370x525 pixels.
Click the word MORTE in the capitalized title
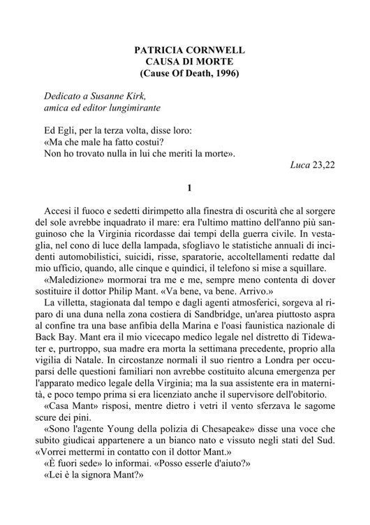209,62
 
